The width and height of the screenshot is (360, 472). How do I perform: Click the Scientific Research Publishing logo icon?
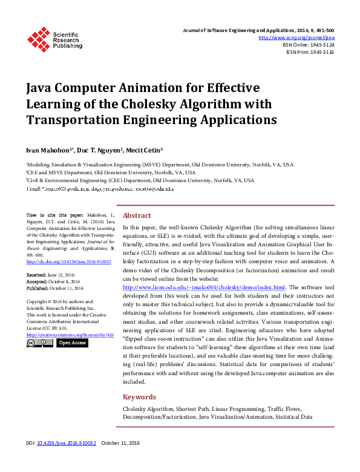point(38,39)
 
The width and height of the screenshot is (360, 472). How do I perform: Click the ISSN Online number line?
point(308,45)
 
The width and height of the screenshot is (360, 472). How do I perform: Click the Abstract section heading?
point(137,215)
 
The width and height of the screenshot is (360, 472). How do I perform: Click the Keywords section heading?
point(140,397)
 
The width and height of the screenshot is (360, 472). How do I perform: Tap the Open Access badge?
point(72,343)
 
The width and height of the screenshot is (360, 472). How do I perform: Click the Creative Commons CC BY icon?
point(39,343)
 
